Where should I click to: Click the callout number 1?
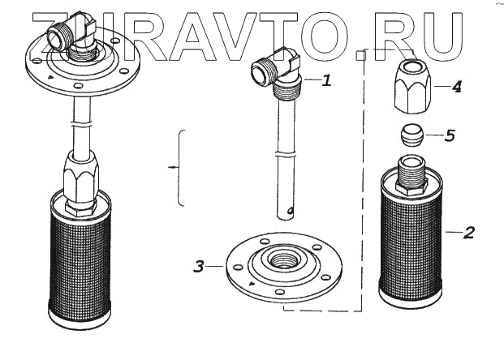(x=325, y=82)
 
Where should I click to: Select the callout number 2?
(x=468, y=234)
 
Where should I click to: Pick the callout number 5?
(x=449, y=135)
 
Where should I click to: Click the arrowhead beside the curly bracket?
(x=170, y=168)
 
